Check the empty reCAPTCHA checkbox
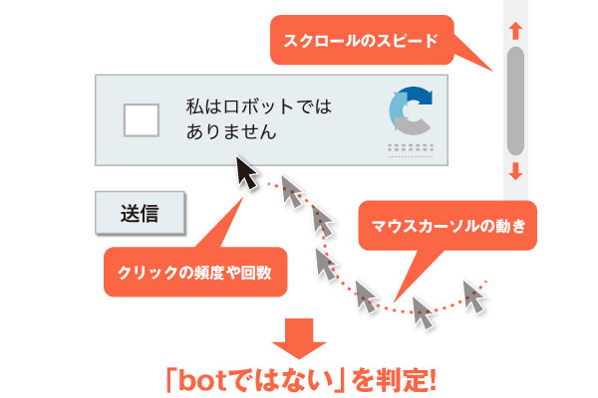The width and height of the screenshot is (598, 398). click(x=140, y=120)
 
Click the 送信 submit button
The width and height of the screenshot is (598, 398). click(x=141, y=212)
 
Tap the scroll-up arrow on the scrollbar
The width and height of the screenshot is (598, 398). click(x=515, y=31)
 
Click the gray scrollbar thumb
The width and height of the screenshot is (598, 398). click(x=515, y=99)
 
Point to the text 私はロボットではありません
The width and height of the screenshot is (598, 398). click(x=256, y=117)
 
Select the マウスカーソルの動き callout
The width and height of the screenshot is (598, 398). click(x=448, y=225)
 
